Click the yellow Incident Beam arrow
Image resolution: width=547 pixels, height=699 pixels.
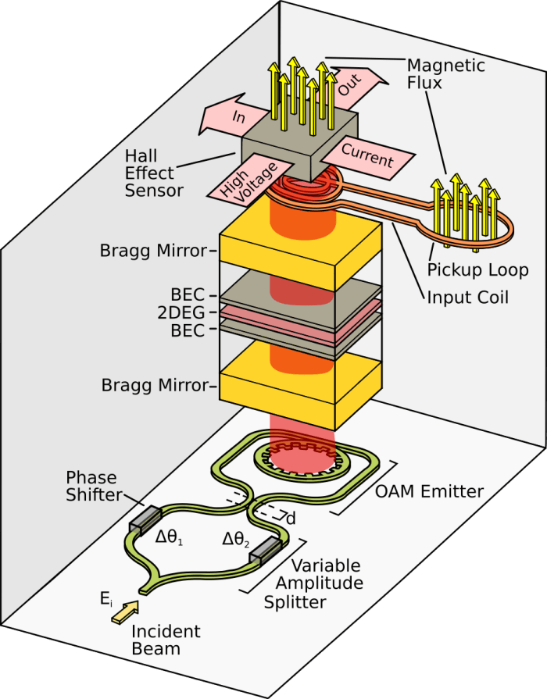tap(127, 610)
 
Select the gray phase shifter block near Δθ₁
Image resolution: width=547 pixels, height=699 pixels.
tap(141, 519)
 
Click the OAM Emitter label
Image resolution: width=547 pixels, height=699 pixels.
tap(428, 491)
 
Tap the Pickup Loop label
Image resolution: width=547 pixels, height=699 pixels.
tap(477, 270)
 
